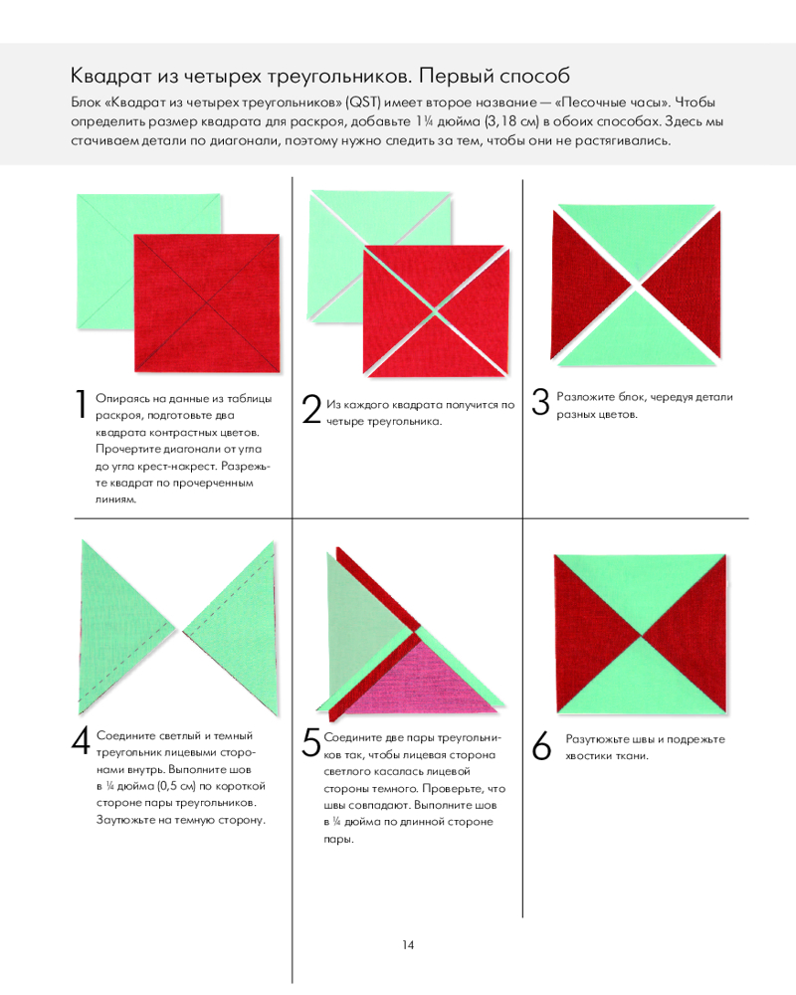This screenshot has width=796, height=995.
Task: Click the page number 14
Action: tap(408, 945)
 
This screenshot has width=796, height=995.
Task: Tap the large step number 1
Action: tap(81, 404)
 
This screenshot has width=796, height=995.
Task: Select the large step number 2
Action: tap(311, 409)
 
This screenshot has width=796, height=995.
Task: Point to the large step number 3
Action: tap(540, 402)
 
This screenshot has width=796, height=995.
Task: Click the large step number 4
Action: tap(81, 740)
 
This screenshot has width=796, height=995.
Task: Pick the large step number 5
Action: tap(311, 742)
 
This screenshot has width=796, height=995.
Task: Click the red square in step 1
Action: tap(207, 302)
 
